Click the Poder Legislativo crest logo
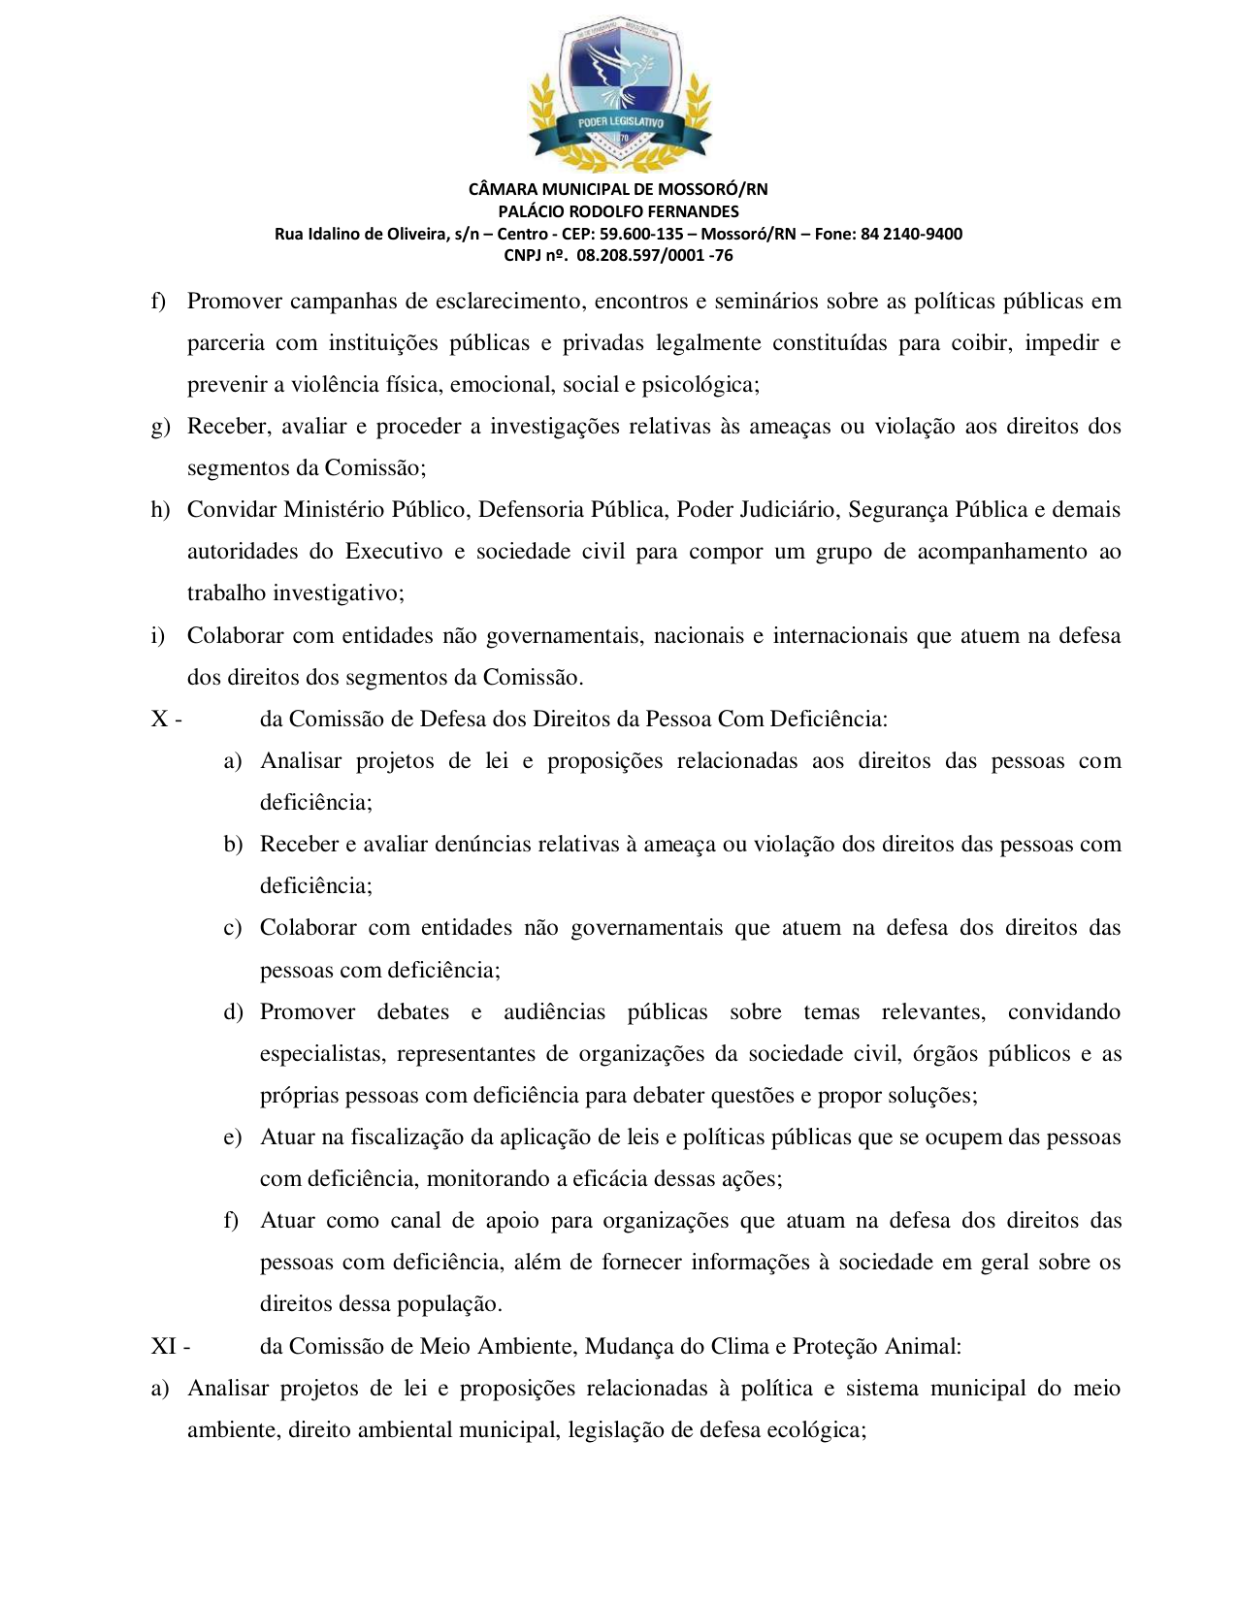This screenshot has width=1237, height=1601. (619, 92)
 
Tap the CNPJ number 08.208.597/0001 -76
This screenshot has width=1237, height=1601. (655, 256)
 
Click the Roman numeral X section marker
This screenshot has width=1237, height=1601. (160, 720)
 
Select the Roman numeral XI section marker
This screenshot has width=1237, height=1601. (165, 1347)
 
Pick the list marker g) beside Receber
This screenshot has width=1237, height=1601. (160, 427)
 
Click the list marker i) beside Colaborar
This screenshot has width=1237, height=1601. (158, 636)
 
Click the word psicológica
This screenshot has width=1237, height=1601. (700, 385)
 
